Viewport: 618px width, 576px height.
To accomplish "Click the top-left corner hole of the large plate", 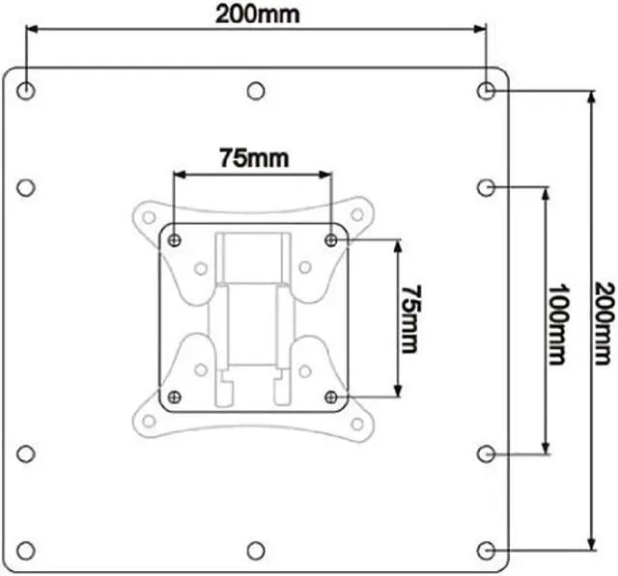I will point(27,90).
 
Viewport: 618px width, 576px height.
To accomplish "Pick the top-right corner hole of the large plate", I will point(486,90).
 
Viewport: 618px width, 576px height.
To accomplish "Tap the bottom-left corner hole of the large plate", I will point(27,550).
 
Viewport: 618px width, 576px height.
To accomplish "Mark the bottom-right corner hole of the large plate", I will point(486,550).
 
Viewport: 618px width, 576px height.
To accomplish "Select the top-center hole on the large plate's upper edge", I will point(255,90).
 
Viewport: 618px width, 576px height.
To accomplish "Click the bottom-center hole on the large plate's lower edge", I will point(255,550).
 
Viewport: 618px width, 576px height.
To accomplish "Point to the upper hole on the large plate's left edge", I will point(27,185).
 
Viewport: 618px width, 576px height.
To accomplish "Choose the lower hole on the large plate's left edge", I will point(27,453).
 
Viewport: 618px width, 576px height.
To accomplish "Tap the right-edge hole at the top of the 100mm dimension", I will point(486,185).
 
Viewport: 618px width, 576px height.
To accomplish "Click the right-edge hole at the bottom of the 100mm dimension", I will point(486,453).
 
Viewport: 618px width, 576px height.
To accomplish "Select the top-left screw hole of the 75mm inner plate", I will point(174,238).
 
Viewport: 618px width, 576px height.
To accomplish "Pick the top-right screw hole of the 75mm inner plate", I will point(331,238).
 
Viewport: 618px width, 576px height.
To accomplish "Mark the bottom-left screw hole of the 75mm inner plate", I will point(174,397).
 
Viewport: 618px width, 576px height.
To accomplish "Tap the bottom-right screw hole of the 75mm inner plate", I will point(331,397).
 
